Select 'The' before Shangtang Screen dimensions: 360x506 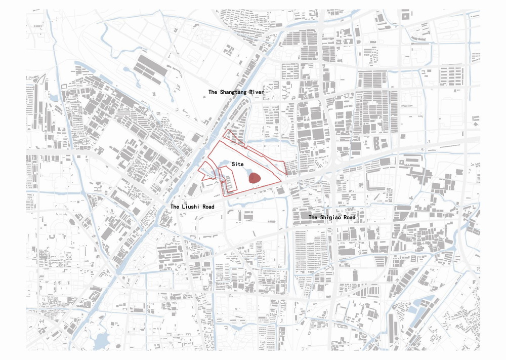(x=213, y=92)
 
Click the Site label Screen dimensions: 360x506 (x=238, y=165)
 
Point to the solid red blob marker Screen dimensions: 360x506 (x=255, y=178)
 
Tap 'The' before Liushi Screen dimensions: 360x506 (x=175, y=207)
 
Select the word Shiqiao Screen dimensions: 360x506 (x=332, y=217)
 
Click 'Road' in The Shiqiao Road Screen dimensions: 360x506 (x=349, y=217)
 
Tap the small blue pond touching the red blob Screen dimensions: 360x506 (x=250, y=177)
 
